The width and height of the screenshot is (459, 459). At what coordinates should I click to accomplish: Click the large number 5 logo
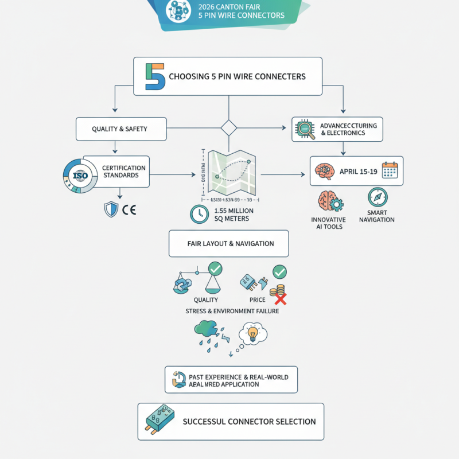(155, 77)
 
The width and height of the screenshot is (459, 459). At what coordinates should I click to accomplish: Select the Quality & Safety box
(121, 129)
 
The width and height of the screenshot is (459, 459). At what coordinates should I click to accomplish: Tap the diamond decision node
(229, 128)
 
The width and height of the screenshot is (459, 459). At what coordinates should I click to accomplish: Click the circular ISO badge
(80, 174)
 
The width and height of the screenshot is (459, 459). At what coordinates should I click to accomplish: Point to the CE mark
(129, 209)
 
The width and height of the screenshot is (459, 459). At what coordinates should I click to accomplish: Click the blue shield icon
(110, 209)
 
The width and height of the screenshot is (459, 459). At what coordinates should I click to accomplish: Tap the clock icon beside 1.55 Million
(198, 214)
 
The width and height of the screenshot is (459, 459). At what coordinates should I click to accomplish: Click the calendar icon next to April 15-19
(390, 171)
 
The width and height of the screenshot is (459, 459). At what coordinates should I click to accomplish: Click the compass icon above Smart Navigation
(378, 197)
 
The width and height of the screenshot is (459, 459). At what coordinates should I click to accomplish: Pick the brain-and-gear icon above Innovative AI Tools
(328, 202)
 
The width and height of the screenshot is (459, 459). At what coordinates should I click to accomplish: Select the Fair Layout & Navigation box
(228, 244)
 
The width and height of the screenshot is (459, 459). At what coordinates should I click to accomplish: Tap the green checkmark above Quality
(216, 267)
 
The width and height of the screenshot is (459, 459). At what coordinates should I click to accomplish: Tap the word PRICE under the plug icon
(258, 300)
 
